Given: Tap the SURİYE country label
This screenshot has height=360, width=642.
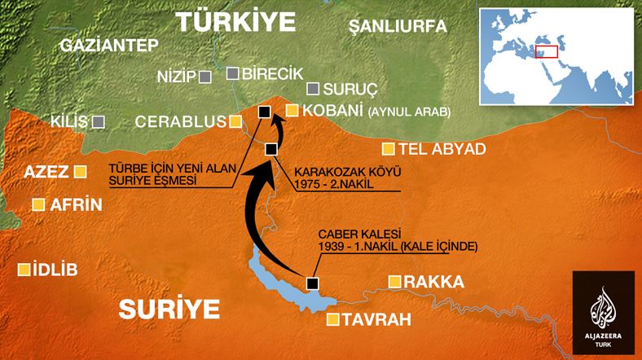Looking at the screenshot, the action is point(169,308).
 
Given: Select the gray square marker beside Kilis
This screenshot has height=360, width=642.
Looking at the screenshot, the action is point(99,121).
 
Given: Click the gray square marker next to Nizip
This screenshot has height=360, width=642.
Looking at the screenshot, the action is point(205,77).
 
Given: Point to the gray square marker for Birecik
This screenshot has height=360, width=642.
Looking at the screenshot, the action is point(233,73).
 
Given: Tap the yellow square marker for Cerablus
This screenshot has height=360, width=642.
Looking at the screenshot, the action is point(235,122).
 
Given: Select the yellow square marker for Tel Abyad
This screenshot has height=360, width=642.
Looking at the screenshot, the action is point(389,149).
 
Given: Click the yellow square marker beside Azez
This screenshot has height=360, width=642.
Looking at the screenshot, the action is point(80,172).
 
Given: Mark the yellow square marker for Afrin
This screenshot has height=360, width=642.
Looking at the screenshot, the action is point(37,205).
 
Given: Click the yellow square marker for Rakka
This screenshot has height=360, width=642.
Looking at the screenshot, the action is point(394,282).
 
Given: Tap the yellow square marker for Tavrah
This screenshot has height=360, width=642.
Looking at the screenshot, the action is point(332,320).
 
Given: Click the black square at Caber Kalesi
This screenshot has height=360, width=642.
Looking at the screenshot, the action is point(311,283).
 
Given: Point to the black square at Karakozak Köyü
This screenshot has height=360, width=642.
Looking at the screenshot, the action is point(271,147).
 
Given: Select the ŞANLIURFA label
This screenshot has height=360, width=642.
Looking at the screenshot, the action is point(398,27).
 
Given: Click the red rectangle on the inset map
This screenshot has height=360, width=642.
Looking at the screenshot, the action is point(545,51).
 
